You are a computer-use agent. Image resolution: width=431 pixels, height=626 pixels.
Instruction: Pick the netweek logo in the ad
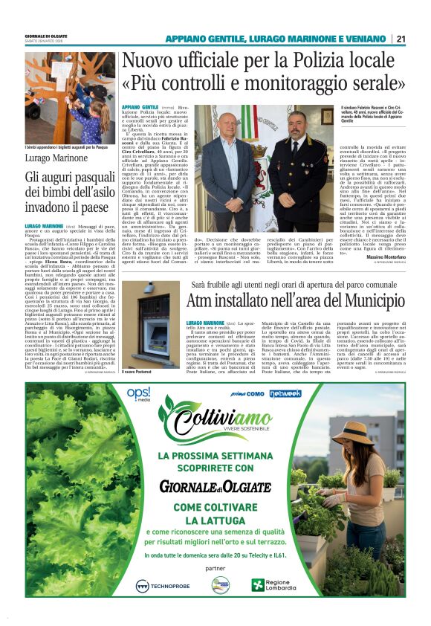coord(285,393)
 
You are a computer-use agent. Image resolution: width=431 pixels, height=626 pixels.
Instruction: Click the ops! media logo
coord(138,394)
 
